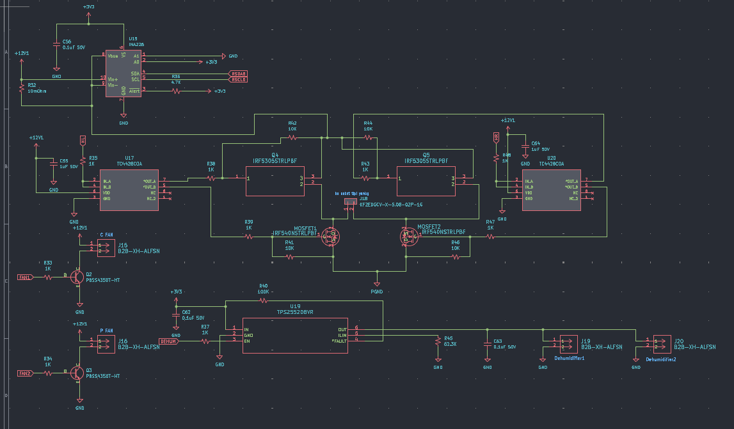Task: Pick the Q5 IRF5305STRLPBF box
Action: pos(426,181)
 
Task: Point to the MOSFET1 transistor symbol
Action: pos(331,237)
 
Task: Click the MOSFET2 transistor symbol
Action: pos(409,237)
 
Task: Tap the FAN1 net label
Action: pos(26,277)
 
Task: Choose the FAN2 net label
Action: pos(26,373)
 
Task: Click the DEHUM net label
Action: pos(168,341)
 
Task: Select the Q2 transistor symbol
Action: pos(77,277)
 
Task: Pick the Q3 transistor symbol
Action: pos(77,373)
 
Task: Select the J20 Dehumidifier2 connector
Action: pos(662,344)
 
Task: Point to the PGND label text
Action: pos(376,292)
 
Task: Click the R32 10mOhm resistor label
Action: pos(36,91)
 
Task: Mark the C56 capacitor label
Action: pos(67,41)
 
